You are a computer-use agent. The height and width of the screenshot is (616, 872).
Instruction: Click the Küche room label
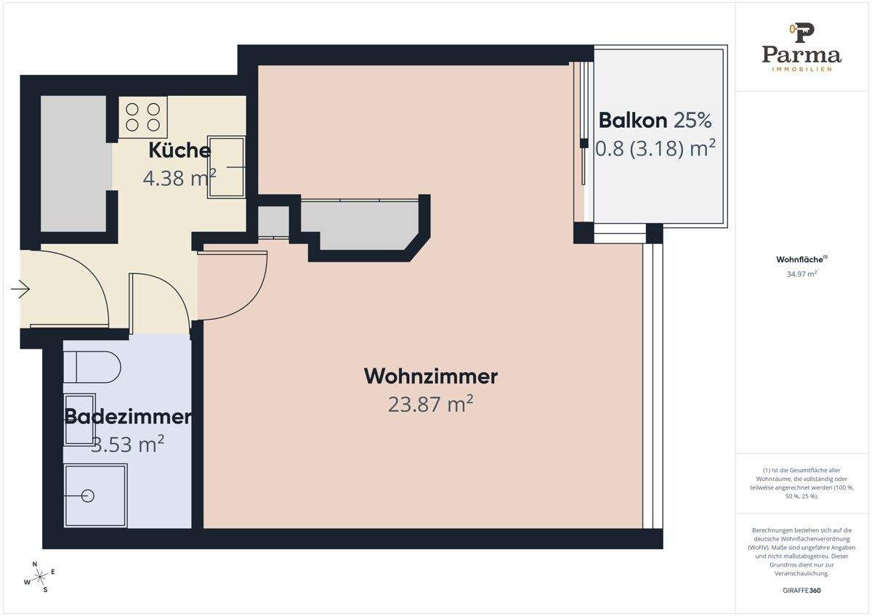(x=179, y=151)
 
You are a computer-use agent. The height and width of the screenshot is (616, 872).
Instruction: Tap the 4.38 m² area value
(x=179, y=178)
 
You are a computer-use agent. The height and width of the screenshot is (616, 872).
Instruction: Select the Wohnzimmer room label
(x=430, y=376)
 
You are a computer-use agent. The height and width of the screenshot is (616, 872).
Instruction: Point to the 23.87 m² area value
(x=430, y=404)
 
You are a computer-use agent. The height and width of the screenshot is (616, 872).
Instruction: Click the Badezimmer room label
(x=128, y=417)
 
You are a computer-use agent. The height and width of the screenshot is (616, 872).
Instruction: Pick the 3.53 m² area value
(x=128, y=444)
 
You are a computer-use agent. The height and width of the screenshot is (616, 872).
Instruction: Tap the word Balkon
(x=633, y=120)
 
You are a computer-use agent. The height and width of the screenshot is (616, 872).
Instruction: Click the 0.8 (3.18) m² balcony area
(x=655, y=148)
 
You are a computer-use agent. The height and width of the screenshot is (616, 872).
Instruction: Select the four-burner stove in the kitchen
(x=142, y=117)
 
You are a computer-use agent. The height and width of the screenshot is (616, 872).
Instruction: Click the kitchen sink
(x=227, y=166)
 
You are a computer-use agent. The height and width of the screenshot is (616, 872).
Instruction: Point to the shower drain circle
(x=88, y=496)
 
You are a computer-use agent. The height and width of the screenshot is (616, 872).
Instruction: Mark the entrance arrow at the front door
(x=20, y=291)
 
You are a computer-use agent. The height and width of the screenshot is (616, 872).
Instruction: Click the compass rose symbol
(x=41, y=576)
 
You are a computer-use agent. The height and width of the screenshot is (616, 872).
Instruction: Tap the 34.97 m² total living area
(x=802, y=274)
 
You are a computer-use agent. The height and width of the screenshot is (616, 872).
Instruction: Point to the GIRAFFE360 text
(x=802, y=590)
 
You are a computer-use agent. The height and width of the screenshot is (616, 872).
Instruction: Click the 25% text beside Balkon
(x=693, y=120)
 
